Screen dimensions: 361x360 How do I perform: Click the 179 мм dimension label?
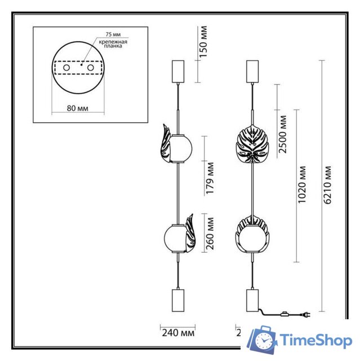pyautogui.click(x=210, y=178)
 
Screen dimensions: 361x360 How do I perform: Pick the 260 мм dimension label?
pyautogui.click(x=210, y=235)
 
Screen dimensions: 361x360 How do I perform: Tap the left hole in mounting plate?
pyautogui.click(x=67, y=68)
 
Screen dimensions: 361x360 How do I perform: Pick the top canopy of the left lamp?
pyautogui.click(x=178, y=70)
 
